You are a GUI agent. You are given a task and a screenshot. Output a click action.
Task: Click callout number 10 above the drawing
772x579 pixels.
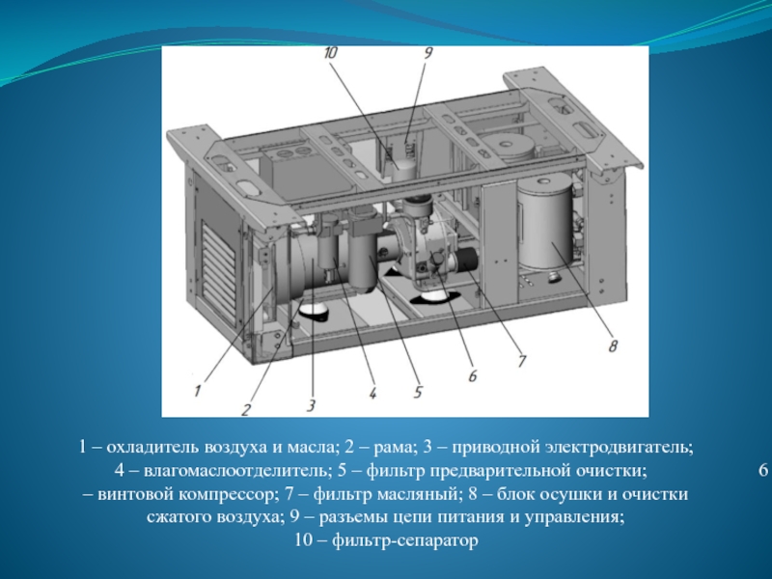330,54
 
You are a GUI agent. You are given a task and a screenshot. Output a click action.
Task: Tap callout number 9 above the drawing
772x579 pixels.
427,53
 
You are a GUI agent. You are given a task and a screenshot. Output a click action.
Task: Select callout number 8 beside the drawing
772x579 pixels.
613,346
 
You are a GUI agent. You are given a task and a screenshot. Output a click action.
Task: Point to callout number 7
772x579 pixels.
521,361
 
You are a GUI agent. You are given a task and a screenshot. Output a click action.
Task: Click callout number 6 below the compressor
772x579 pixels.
472,376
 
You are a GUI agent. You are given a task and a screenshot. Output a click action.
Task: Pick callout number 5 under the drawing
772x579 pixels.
418,392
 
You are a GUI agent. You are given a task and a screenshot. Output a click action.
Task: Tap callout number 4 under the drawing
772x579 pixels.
372,393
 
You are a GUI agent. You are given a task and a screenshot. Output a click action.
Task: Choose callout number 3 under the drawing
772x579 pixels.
311,405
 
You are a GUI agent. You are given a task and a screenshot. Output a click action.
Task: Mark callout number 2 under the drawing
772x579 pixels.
246,408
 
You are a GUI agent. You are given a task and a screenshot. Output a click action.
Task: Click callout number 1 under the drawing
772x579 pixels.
198,392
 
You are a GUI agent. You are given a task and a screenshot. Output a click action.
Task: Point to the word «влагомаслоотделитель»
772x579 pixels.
235,471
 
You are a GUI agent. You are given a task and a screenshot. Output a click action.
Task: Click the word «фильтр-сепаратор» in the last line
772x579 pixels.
404,541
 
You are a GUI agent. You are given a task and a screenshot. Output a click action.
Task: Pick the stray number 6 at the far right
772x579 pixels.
763,470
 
